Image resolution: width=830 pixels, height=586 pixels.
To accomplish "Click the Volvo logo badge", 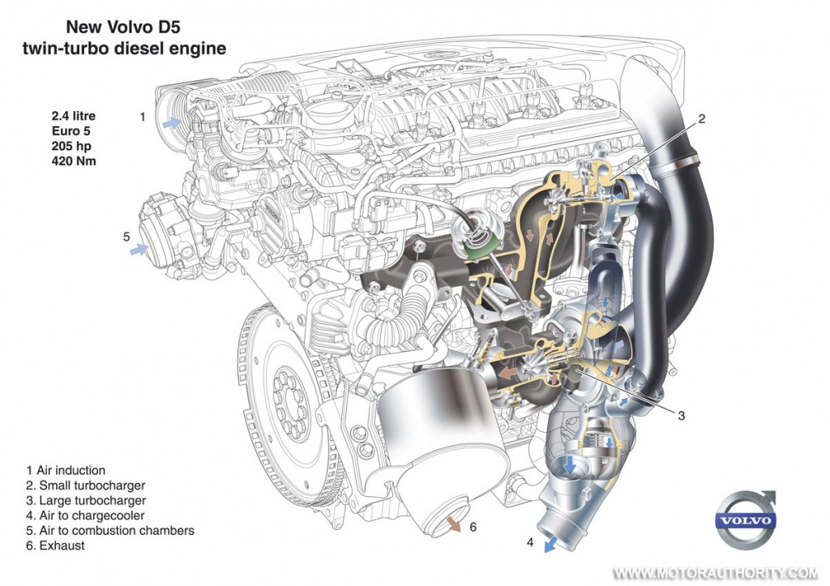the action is pos(747,520).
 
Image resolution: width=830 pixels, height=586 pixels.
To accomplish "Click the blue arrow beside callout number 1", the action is pos(171,123).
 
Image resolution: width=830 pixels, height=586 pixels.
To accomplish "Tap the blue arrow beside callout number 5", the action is pos(139,248).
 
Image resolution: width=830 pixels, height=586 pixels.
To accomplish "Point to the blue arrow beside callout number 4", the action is pos(551,545).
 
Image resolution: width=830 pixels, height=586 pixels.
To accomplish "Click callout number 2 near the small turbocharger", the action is pos(701,118).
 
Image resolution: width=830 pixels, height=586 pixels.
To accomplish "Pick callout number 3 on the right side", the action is pos(681,416).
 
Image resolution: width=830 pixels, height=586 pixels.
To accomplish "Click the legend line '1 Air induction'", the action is pos(66,470).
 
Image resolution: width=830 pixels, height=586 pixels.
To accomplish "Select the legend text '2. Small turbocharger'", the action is pos(86,485).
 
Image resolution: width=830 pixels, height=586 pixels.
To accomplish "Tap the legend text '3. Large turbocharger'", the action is pos(86,500).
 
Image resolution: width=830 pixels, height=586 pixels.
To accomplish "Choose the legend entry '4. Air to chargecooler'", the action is pos(85,515).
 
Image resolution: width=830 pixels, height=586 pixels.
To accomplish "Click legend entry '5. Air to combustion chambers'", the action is pos(110,530).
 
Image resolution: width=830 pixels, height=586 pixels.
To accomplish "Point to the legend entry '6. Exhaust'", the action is pos(55,545).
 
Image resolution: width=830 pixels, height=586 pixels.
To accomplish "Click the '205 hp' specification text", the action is pos(71,146).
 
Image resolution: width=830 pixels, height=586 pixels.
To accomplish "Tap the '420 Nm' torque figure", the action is pos(74,161).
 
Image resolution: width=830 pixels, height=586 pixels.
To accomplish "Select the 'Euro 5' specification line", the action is pos(71,130).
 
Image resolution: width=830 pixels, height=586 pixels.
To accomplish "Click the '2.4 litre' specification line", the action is pos(74,115).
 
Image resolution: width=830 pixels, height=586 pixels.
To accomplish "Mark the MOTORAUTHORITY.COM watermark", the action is pos(715,573).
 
